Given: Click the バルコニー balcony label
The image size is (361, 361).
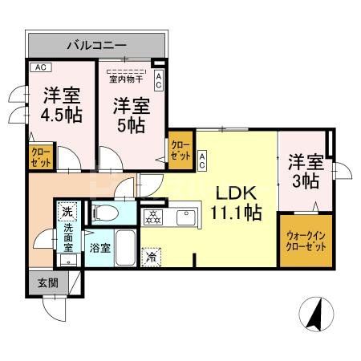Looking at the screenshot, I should coord(96,44).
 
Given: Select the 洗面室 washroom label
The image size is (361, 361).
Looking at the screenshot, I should coord(68,237).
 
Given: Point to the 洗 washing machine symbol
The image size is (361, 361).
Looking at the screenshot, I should coord(68,213).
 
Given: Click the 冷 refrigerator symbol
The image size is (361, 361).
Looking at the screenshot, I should coord(151,257).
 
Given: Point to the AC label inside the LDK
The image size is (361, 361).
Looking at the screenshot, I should coord(203,160).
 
